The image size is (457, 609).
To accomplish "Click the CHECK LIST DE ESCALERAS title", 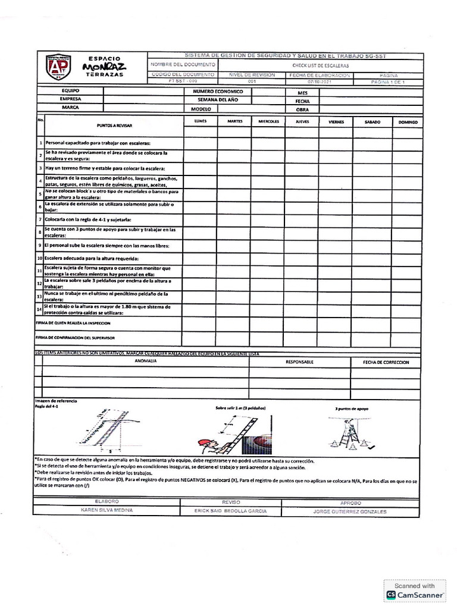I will [x=320, y=65].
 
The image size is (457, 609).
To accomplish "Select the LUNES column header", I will [x=201, y=121].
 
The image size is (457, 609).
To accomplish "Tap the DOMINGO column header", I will [x=408, y=122].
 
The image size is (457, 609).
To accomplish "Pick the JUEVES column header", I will [x=302, y=122].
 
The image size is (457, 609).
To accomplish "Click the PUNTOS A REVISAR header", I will [x=114, y=126].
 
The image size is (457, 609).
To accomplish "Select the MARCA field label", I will [x=71, y=108].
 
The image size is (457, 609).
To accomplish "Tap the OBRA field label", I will [x=302, y=109].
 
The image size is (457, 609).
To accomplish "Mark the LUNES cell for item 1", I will [x=201, y=143].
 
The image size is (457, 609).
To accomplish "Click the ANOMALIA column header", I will [x=146, y=362].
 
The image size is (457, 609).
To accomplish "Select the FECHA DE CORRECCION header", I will [x=386, y=362].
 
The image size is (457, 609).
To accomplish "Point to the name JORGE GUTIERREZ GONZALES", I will [x=349, y=511].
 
